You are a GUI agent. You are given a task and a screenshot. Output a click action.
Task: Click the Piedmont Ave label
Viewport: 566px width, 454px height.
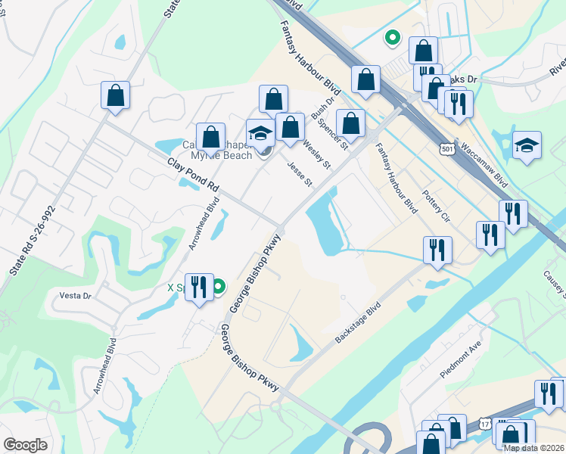pyautogui.click(x=460, y=364)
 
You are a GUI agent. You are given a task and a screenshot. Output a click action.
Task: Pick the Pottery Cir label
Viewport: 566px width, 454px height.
pyautogui.click(x=437, y=207)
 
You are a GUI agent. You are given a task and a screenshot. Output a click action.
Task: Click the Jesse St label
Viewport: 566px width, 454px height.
pyautogui.click(x=300, y=173)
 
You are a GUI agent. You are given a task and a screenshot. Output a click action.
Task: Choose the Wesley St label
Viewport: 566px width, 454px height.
pyautogui.click(x=317, y=152)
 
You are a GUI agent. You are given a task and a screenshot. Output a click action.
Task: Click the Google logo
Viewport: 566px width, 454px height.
pyautogui.click(x=25, y=445)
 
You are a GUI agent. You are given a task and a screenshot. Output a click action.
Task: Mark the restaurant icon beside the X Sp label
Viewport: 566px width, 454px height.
pyautogui.click(x=199, y=287)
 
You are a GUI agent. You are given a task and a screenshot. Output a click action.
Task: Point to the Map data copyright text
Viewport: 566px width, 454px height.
pyautogui.click(x=533, y=447)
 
